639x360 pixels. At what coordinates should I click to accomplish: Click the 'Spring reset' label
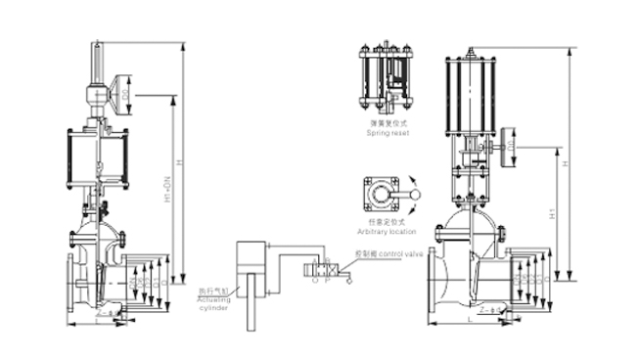pos(387,129)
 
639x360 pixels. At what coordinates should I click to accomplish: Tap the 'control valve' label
pos(398,253)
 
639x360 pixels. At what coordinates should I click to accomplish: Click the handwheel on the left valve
pos(123,95)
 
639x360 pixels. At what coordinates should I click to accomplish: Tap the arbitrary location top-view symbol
pos(382,194)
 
